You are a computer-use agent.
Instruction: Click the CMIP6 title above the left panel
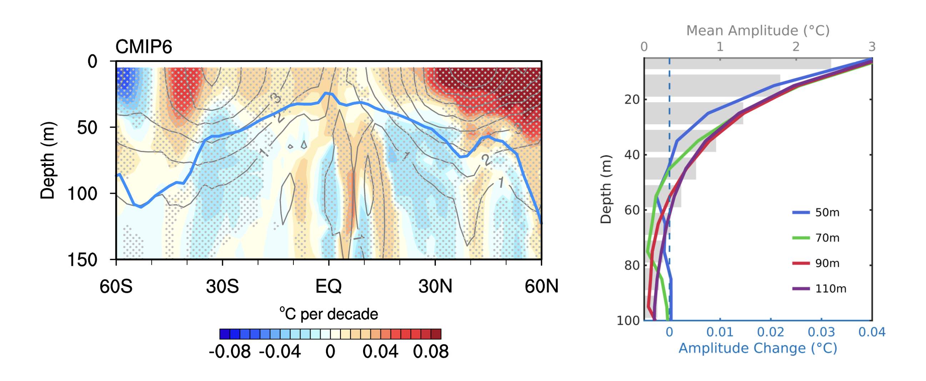(144, 47)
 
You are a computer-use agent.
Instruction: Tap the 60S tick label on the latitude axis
(116, 286)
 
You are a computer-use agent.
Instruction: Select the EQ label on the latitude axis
(328, 286)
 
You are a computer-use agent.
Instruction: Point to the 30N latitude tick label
(435, 286)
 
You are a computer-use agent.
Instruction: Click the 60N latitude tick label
(542, 286)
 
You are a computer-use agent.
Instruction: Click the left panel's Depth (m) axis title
(47, 160)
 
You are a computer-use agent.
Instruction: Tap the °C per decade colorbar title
(328, 314)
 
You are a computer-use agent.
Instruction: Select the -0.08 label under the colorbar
(229, 351)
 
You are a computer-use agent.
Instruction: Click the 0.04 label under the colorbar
(380, 351)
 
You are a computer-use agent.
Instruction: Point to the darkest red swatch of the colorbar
(436, 334)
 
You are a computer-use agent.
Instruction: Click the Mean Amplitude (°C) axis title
(758, 31)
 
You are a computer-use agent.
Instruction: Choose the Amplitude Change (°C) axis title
(758, 348)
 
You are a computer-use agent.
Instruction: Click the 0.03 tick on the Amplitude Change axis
(821, 332)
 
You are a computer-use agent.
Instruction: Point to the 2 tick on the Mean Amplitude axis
(795, 47)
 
